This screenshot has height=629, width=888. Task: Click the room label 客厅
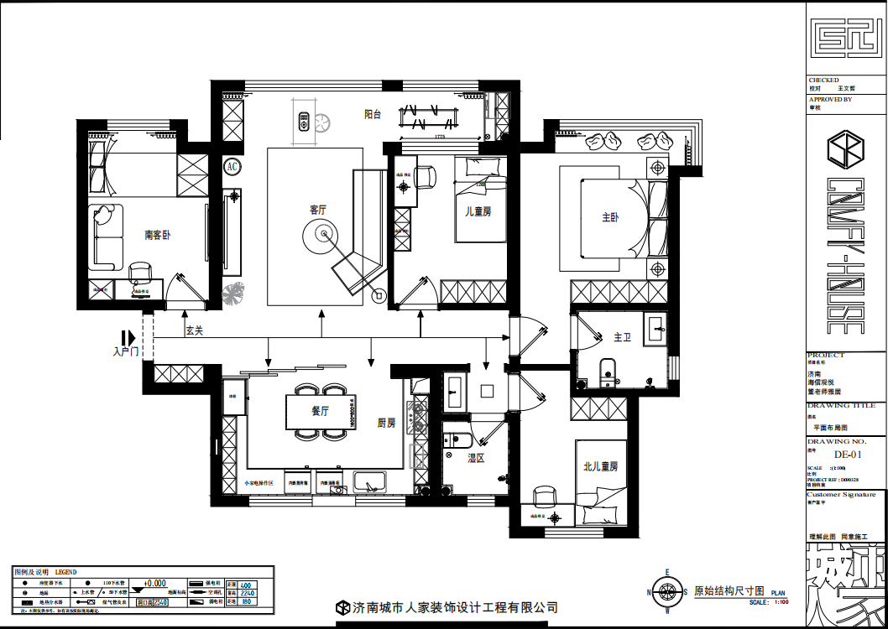[317, 209]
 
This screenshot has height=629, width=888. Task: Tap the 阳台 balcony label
[373, 115]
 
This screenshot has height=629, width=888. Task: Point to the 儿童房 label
[478, 211]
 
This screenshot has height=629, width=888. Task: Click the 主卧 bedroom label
[610, 217]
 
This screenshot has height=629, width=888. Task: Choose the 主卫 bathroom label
[622, 337]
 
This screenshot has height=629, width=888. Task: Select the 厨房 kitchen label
[386, 424]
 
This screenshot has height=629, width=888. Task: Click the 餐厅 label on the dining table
[320, 411]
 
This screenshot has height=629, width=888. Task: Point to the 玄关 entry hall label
[195, 330]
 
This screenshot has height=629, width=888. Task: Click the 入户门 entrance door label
[125, 352]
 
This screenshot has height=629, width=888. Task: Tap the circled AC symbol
[232, 167]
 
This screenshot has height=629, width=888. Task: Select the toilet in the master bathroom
[607, 369]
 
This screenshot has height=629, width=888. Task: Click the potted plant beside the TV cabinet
[232, 294]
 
